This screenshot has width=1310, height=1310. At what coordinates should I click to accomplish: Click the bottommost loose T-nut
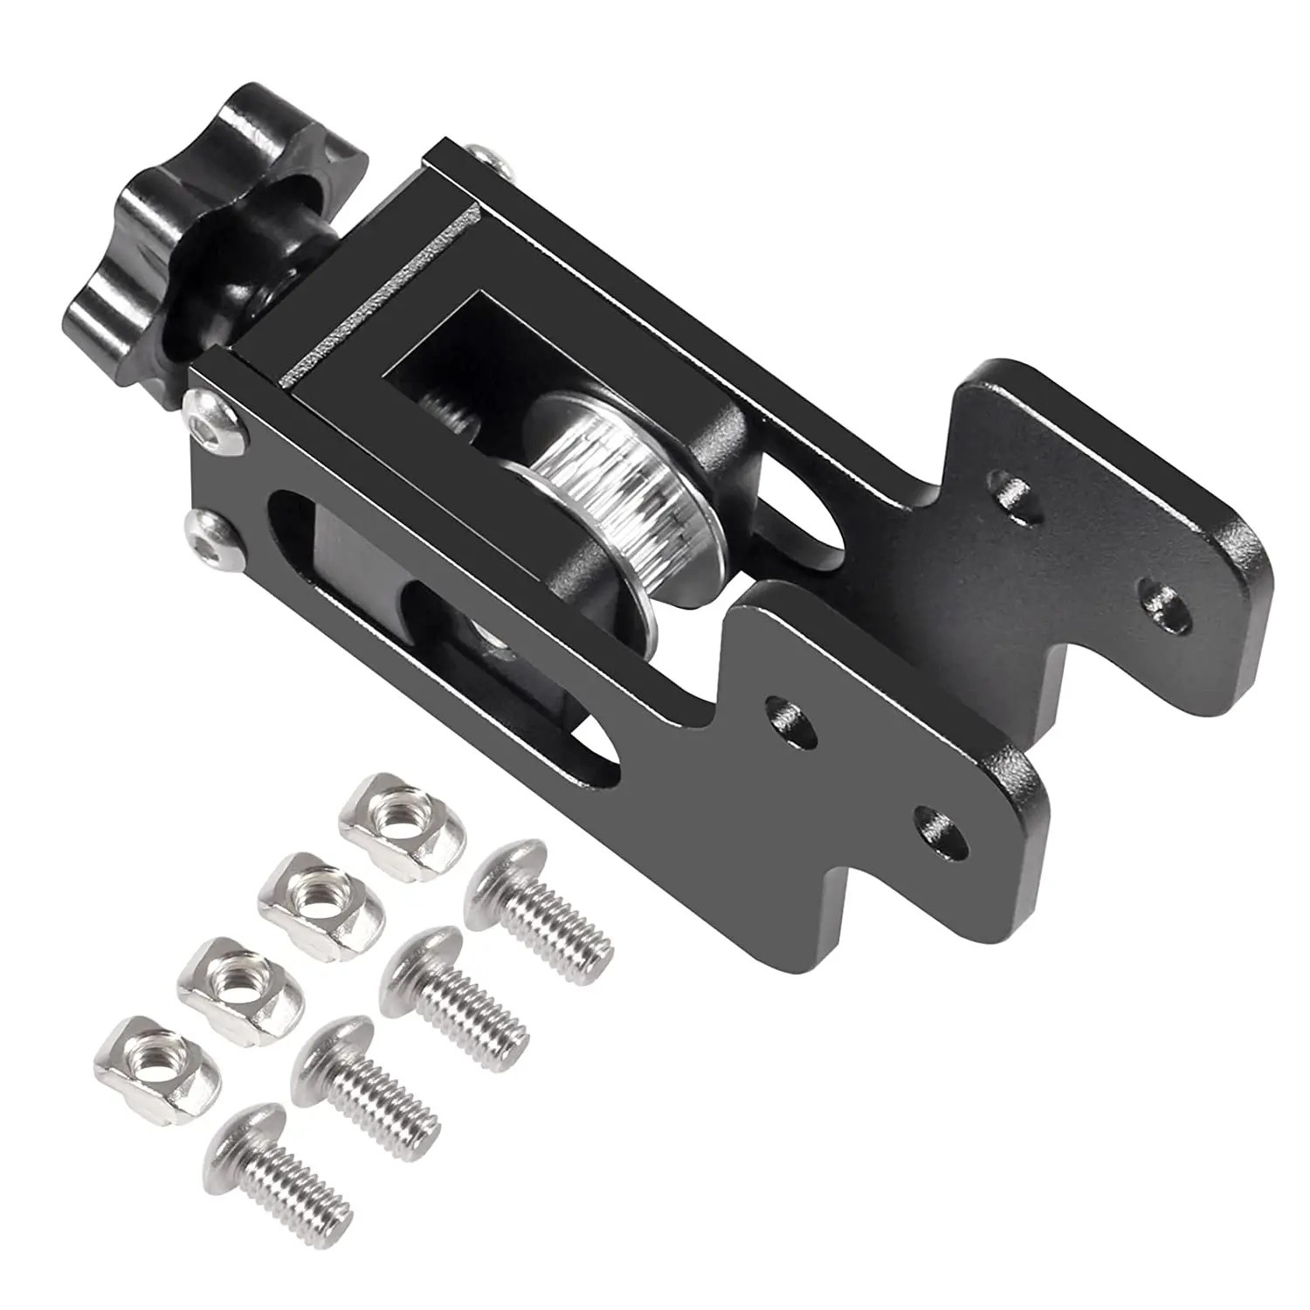pos(157,1056)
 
